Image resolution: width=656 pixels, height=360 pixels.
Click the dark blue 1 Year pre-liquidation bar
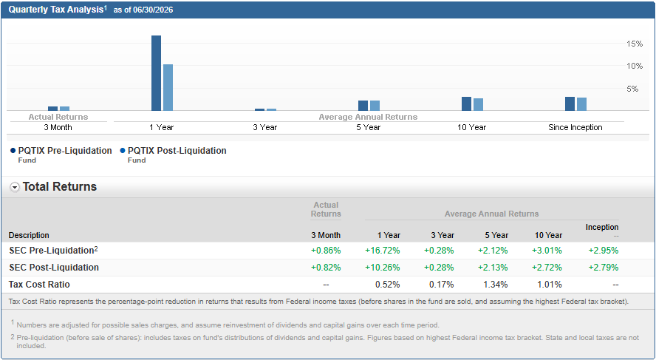[x=156, y=73]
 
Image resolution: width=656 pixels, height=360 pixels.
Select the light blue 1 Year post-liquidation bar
[x=168, y=87]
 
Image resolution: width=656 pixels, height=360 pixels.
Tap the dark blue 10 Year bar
[x=466, y=103]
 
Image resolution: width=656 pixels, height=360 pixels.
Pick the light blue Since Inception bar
[x=581, y=104]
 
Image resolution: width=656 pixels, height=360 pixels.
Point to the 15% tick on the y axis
[x=635, y=44]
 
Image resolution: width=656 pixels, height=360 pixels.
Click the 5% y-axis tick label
[x=632, y=89]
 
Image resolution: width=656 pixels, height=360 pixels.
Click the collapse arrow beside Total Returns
[x=15, y=188]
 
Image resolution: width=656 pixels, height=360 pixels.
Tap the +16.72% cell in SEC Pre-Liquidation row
[x=383, y=251]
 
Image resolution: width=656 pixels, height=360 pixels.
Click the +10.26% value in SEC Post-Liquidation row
[x=383, y=268]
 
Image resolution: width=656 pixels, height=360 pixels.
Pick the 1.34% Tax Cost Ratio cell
[x=496, y=285]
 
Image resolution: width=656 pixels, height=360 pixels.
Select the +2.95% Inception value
[x=604, y=251]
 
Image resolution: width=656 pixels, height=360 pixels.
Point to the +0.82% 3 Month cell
[x=326, y=268]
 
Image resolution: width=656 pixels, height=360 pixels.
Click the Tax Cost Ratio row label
[x=39, y=285]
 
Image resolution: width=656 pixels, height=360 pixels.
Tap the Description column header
[x=29, y=235]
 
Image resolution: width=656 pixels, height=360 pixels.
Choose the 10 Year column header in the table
[x=548, y=235]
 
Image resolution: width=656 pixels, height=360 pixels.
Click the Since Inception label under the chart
[x=575, y=127]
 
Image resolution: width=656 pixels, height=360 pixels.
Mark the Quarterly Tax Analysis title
[x=56, y=10]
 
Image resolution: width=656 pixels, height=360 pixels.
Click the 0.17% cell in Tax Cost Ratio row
[x=441, y=285]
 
